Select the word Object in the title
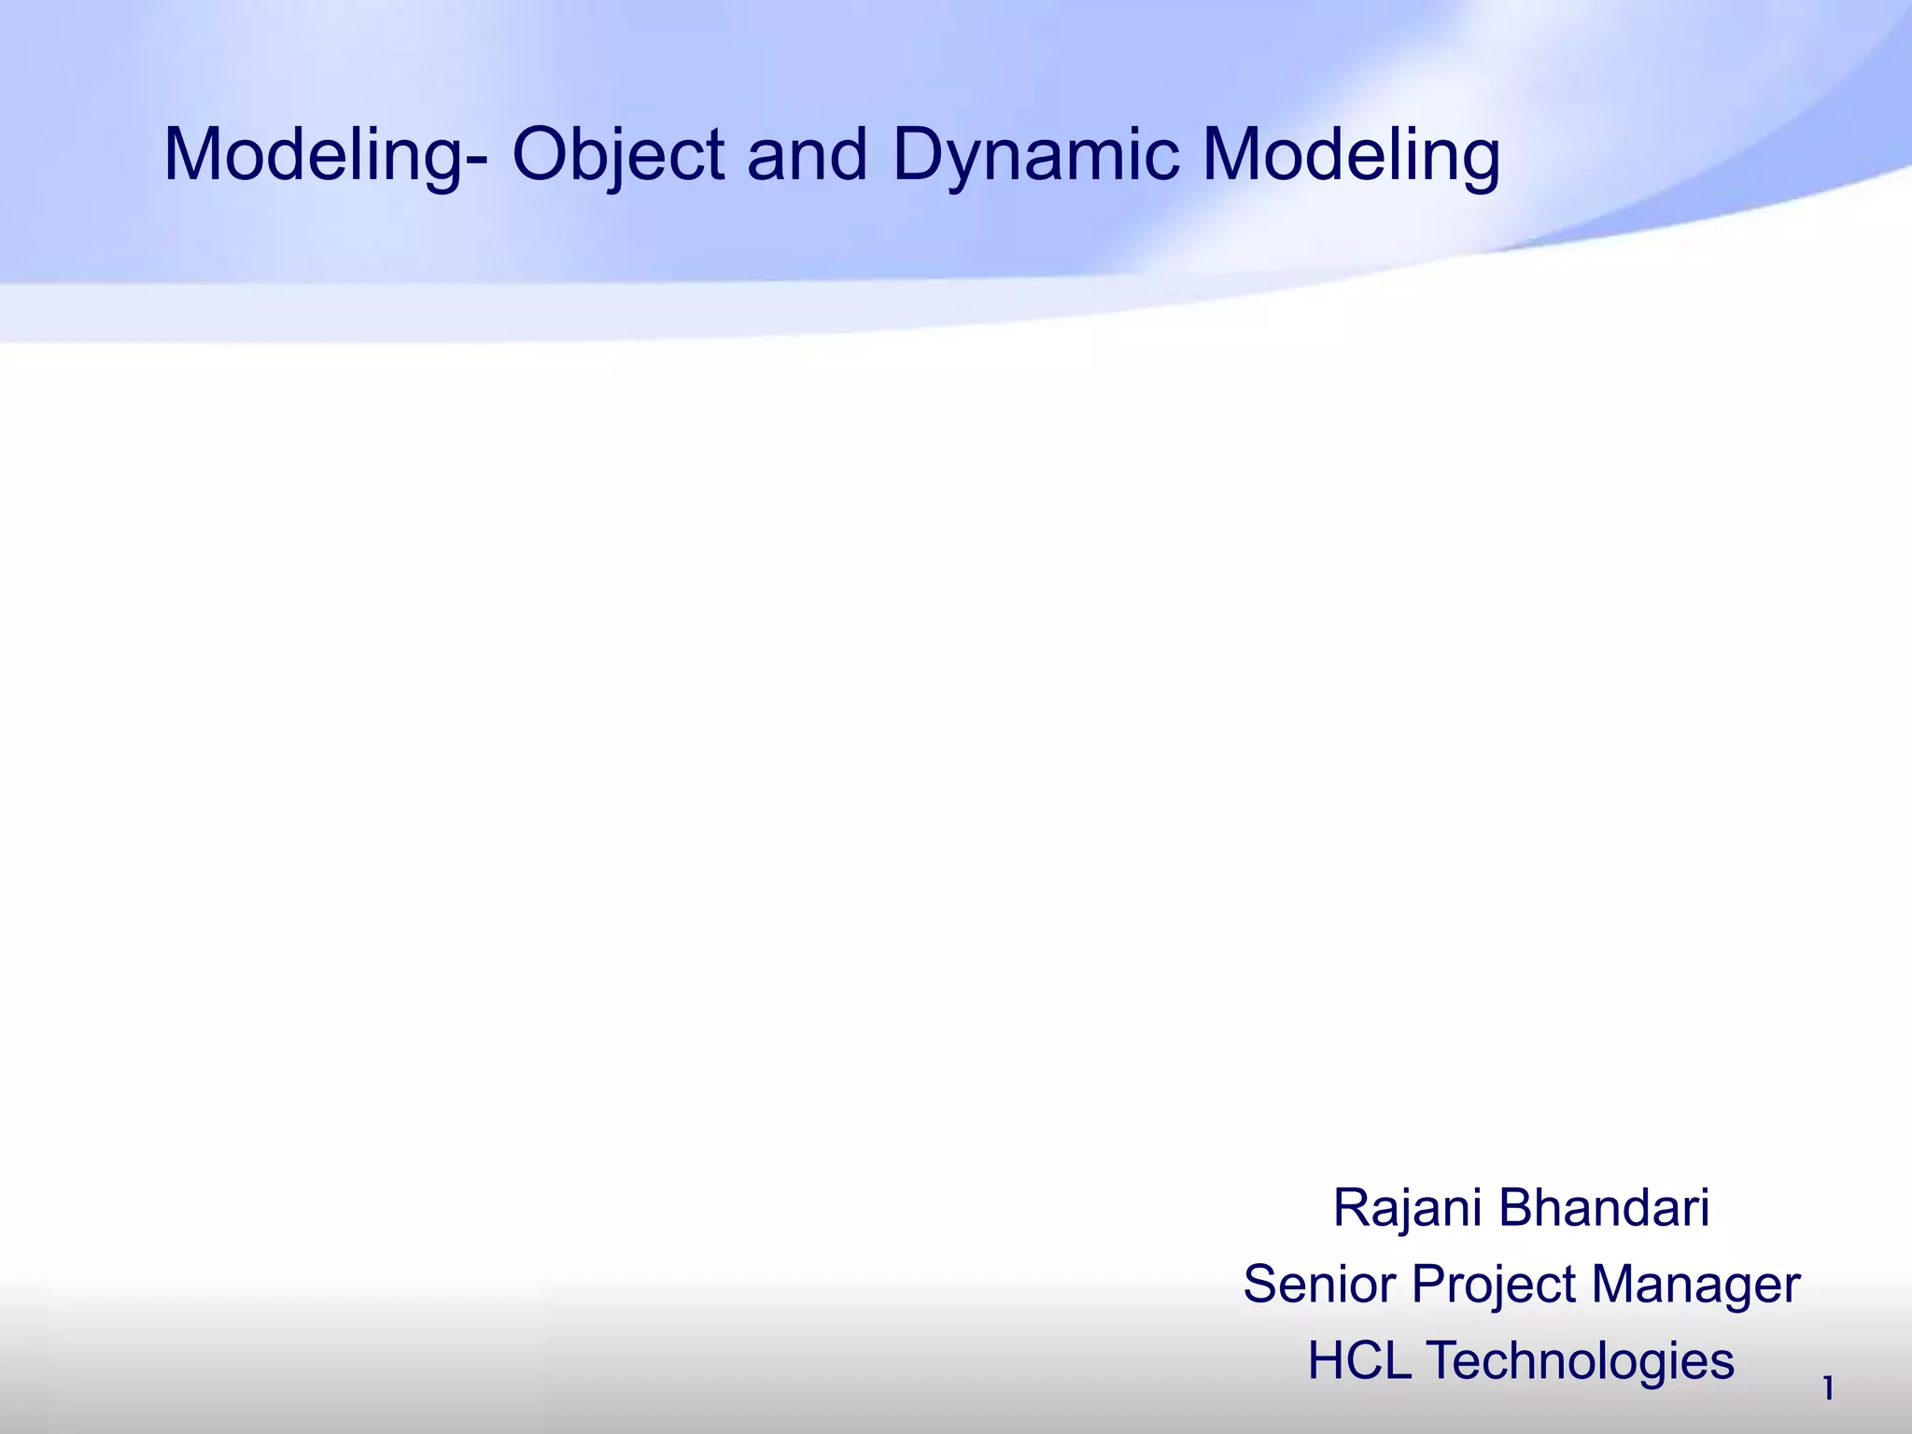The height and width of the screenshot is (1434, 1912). (x=618, y=156)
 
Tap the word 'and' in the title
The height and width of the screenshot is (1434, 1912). (x=808, y=156)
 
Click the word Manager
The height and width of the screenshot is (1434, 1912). (x=1695, y=1286)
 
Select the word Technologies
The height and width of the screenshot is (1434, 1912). (x=1580, y=1361)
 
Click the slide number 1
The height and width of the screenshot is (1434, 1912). (x=1828, y=1389)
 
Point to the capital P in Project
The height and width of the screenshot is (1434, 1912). (x=1427, y=1284)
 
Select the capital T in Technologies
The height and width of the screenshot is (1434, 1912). (x=1442, y=1360)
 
